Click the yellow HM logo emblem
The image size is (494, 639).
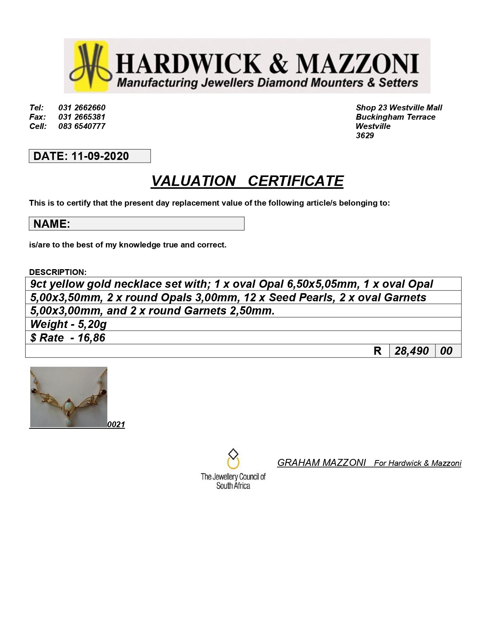pyautogui.click(x=91, y=66)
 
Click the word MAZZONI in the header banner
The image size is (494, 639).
pyautogui.click(x=357, y=64)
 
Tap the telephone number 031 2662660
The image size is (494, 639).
pyautogui.click(x=82, y=108)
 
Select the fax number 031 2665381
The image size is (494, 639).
pyautogui.click(x=82, y=117)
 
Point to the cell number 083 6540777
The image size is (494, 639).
pyautogui.click(x=82, y=126)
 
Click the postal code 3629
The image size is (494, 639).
pyautogui.click(x=365, y=136)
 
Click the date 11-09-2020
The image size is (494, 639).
pyautogui.click(x=100, y=156)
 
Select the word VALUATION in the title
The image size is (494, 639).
pyautogui.click(x=193, y=181)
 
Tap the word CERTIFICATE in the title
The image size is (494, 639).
pyautogui.click(x=296, y=181)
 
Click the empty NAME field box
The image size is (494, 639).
pyautogui.click(x=157, y=224)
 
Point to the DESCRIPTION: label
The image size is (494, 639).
pyautogui.click(x=58, y=272)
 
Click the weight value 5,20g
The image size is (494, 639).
pyautogui.click(x=92, y=324)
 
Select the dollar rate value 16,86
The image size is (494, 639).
pyautogui.click(x=91, y=338)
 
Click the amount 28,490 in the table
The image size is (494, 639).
pyautogui.click(x=411, y=351)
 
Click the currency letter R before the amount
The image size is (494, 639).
pyautogui.click(x=377, y=351)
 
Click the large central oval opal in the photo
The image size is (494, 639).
pyautogui.click(x=68, y=407)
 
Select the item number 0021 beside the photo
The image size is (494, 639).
pyautogui.click(x=116, y=424)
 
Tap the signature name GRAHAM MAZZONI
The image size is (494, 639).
pyautogui.click(x=321, y=463)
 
